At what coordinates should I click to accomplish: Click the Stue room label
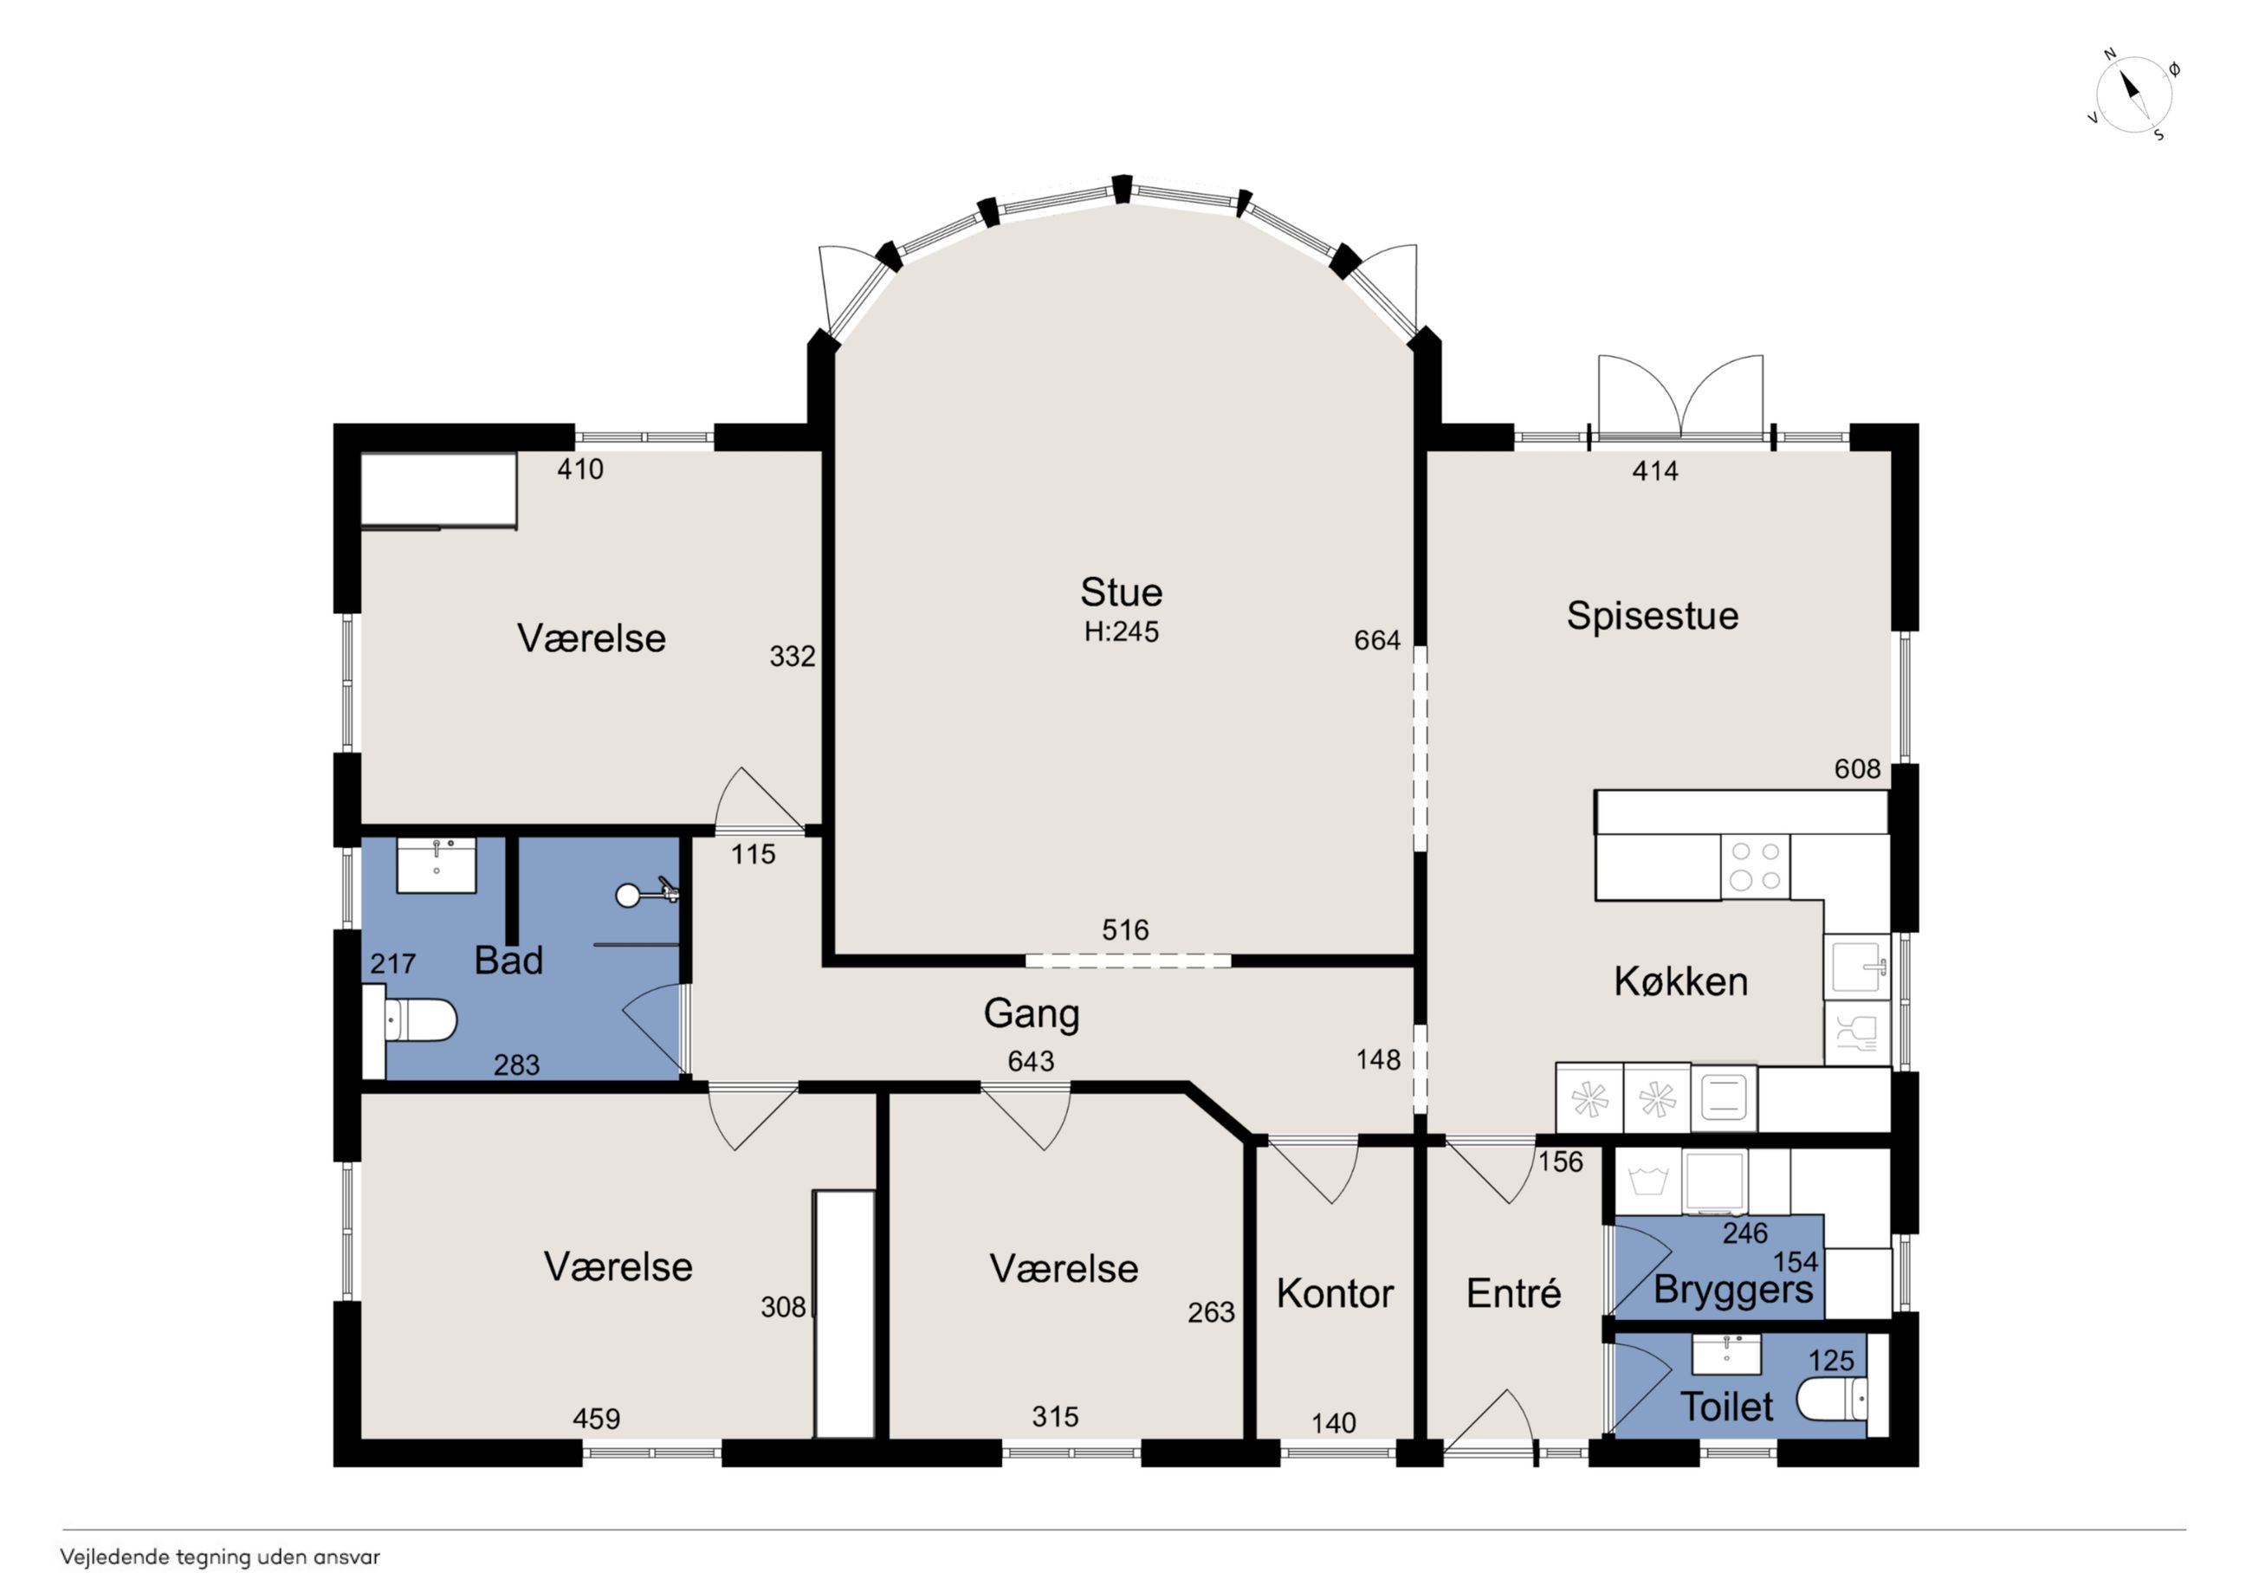[1121, 592]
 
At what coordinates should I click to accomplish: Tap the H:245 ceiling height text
[1121, 631]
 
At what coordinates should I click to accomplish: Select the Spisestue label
[1652, 616]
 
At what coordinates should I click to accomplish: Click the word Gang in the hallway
[1031, 1014]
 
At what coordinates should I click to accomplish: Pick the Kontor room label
[1335, 1294]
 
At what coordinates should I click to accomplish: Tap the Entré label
[1513, 1293]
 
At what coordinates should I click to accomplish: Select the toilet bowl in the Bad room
[412, 1021]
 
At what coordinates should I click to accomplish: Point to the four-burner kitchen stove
[1755, 866]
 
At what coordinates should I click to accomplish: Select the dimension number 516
[1125, 930]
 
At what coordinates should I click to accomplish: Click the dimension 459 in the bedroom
[597, 1419]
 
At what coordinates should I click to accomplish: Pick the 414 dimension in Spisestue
[1654, 472]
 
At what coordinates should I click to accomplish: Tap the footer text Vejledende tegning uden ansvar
[220, 1556]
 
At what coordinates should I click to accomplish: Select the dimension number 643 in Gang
[1031, 1060]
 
